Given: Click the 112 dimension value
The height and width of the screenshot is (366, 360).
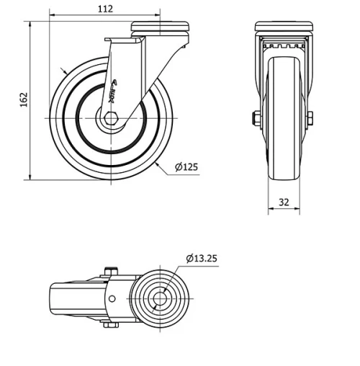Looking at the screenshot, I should tap(105, 9).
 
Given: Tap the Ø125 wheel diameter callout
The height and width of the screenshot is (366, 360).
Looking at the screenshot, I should tap(186, 167).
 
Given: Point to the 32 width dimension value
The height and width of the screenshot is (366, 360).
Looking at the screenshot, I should tap(284, 202).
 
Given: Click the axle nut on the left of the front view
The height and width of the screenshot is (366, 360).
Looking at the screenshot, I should tap(256, 118).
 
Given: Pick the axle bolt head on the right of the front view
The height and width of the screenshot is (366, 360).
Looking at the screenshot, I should tap(309, 118).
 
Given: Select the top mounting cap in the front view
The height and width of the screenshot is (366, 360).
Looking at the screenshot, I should tap(284, 27).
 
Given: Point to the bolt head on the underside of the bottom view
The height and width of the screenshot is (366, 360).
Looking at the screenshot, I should tap(109, 325).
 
